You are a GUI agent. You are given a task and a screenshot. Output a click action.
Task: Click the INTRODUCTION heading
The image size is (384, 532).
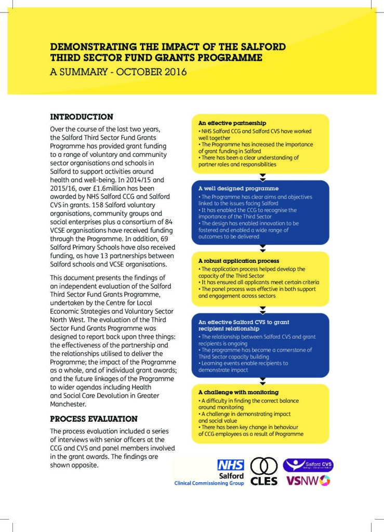coord(81,117)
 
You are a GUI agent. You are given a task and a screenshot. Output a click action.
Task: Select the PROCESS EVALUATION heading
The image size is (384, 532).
coord(94,419)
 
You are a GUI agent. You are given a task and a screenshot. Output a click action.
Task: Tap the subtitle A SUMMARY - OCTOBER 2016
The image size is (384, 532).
coord(118,72)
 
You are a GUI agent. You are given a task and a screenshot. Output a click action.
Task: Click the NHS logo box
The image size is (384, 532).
coord(231,465)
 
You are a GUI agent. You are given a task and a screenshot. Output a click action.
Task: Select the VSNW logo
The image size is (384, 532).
coord(308,481)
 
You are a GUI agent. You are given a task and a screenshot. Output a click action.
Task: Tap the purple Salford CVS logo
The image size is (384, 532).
coord(308,464)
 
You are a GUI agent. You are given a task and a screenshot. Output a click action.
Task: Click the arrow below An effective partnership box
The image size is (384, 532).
coord(262,177)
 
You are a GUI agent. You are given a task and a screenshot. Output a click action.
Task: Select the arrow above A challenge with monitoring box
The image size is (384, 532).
coord(262,380)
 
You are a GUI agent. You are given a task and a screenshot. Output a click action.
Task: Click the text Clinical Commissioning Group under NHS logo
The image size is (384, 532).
coord(209,483)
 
